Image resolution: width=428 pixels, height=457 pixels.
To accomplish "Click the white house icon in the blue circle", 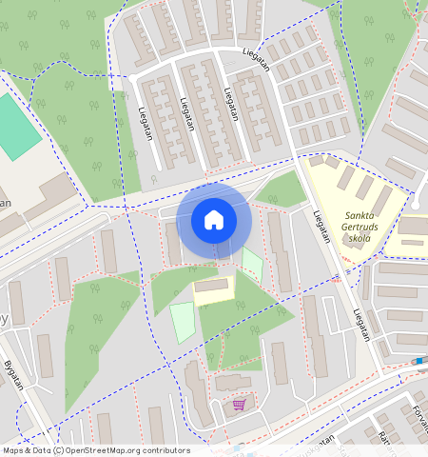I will [x=214, y=220].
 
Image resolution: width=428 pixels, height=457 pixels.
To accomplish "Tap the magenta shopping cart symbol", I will [x=238, y=405].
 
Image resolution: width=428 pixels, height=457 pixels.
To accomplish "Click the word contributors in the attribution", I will [x=167, y=450].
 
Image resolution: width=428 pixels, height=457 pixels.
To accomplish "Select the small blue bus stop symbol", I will [x=418, y=361].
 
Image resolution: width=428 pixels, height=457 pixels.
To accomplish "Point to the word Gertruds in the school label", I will [x=360, y=228].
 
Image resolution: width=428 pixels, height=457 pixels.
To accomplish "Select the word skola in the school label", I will [x=360, y=239].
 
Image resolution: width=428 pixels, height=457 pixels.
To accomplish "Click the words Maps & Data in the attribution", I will [x=26, y=450].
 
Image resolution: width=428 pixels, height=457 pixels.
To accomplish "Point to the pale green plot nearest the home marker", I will [x=251, y=264].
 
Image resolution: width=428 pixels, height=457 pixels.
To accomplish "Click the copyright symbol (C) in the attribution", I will [x=59, y=450].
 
